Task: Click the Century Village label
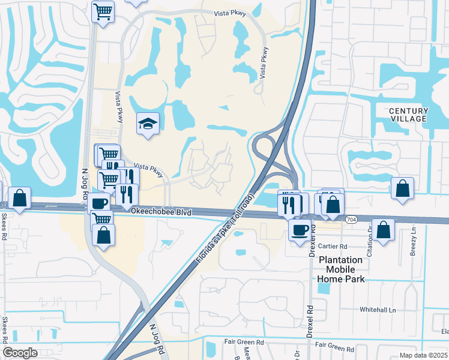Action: (x=409, y=115)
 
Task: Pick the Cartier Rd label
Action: (x=334, y=247)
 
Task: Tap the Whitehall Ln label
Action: (x=378, y=310)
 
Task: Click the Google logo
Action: (x=20, y=353)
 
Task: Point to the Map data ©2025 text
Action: (x=423, y=355)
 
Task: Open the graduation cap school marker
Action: (x=148, y=124)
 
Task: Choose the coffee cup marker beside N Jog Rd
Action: (x=99, y=202)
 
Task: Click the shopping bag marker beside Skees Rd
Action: (x=20, y=199)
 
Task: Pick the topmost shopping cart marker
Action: (x=103, y=11)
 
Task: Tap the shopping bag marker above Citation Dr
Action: (x=384, y=229)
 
